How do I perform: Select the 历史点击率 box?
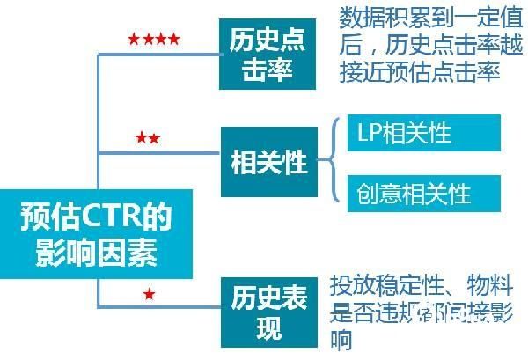pyautogui.click(x=268, y=55)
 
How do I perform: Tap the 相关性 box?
pyautogui.click(x=268, y=162)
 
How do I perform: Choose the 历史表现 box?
pyautogui.click(x=268, y=312)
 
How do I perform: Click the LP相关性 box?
pyautogui.click(x=422, y=133)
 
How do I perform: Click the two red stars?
pyautogui.click(x=148, y=138)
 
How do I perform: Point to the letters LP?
pyautogui.click(x=368, y=133)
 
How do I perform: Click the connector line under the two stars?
pyautogui.click(x=158, y=152)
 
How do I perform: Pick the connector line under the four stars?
pyautogui.click(x=158, y=54)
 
